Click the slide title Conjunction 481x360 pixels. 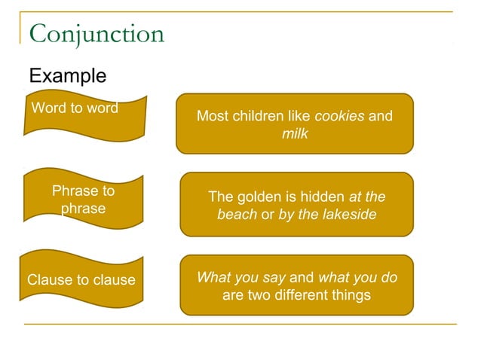pos(96,34)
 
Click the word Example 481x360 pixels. pos(67,76)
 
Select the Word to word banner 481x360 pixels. pos(83,119)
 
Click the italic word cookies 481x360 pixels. pos(339,116)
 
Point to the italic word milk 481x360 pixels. pos(295,133)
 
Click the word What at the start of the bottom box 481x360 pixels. pos(213,277)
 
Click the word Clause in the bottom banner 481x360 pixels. pos(47,280)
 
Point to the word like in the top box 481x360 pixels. pos(299,116)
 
